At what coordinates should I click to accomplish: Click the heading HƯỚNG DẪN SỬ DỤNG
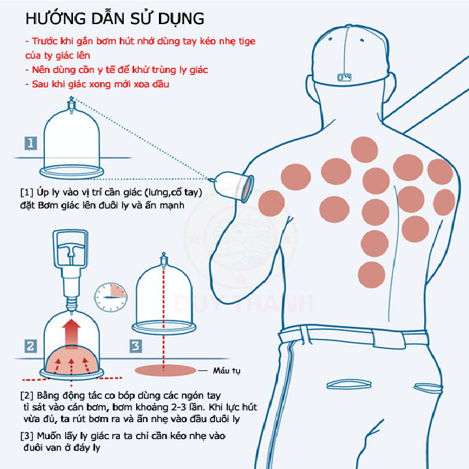(115, 18)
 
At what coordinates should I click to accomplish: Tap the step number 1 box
(31, 143)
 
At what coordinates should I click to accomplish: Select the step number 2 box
(31, 346)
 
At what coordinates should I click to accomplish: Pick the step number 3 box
(135, 346)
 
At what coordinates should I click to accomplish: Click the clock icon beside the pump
(111, 297)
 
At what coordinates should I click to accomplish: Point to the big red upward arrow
(71, 333)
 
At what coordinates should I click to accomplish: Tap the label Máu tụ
(227, 371)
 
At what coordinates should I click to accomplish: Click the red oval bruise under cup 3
(165, 370)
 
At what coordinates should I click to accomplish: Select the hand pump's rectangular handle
(70, 249)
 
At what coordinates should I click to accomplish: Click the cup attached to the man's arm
(234, 186)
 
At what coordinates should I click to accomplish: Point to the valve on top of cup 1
(71, 105)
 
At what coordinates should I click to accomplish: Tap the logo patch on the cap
(345, 78)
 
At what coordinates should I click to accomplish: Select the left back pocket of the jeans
(348, 384)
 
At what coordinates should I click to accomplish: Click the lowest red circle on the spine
(371, 275)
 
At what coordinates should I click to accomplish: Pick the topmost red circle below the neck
(364, 150)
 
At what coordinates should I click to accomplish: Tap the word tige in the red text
(247, 41)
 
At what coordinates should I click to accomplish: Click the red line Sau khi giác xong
(97, 84)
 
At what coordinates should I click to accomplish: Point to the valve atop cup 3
(163, 259)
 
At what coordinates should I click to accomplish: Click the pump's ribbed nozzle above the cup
(72, 304)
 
